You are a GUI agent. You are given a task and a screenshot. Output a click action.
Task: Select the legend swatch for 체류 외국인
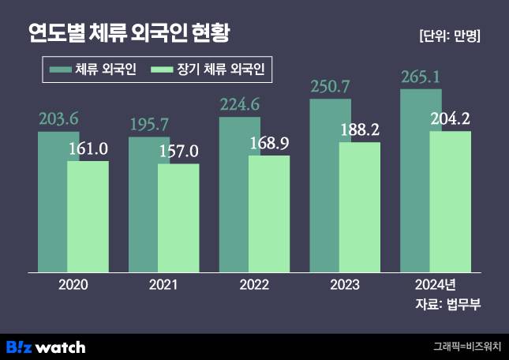(x=60, y=71)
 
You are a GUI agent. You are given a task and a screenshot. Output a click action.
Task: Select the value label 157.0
(x=178, y=152)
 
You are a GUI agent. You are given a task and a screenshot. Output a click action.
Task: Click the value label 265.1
(x=421, y=77)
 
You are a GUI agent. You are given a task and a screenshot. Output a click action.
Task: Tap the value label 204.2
(x=451, y=120)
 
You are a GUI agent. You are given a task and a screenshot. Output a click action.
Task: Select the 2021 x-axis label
(x=163, y=285)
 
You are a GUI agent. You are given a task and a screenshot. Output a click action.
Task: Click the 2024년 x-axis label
(x=435, y=285)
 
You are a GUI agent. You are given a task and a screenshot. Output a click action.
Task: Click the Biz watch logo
(x=46, y=347)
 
